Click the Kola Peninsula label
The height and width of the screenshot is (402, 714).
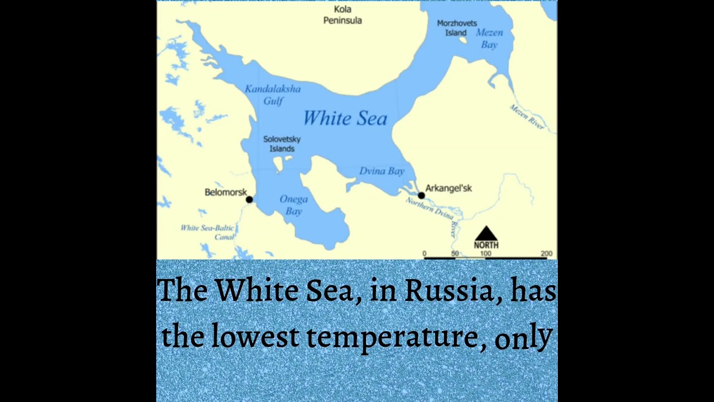[x=342, y=15]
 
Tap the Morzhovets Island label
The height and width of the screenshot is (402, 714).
[x=457, y=28]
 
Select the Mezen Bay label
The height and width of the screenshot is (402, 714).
[x=489, y=39]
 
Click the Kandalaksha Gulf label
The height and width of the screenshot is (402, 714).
[x=273, y=95]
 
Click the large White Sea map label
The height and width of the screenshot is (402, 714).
[x=345, y=118]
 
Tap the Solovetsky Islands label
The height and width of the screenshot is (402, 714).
[x=282, y=144]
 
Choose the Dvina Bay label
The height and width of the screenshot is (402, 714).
[x=382, y=171]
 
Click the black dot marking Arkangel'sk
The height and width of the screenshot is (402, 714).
[x=421, y=195]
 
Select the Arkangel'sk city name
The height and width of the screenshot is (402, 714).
[x=448, y=188]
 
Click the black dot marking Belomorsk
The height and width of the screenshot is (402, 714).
[x=249, y=199]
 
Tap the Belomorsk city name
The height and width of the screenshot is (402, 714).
[x=225, y=192]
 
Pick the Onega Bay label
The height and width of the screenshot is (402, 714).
[x=293, y=205]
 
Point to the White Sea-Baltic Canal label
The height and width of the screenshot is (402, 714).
[x=208, y=232]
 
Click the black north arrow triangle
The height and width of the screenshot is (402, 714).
[x=486, y=233]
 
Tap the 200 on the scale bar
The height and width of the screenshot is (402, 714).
[x=546, y=253]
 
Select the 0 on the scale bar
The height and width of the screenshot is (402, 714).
[x=424, y=253]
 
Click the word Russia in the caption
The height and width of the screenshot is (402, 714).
[x=449, y=290]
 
